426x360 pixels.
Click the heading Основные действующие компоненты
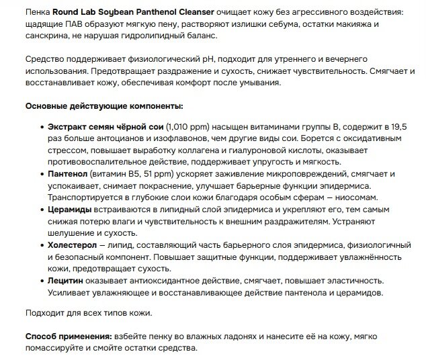(103, 106)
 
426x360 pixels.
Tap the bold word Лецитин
(67, 281)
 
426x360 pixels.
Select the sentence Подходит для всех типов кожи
(88, 313)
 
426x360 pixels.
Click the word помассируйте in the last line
(54, 349)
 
